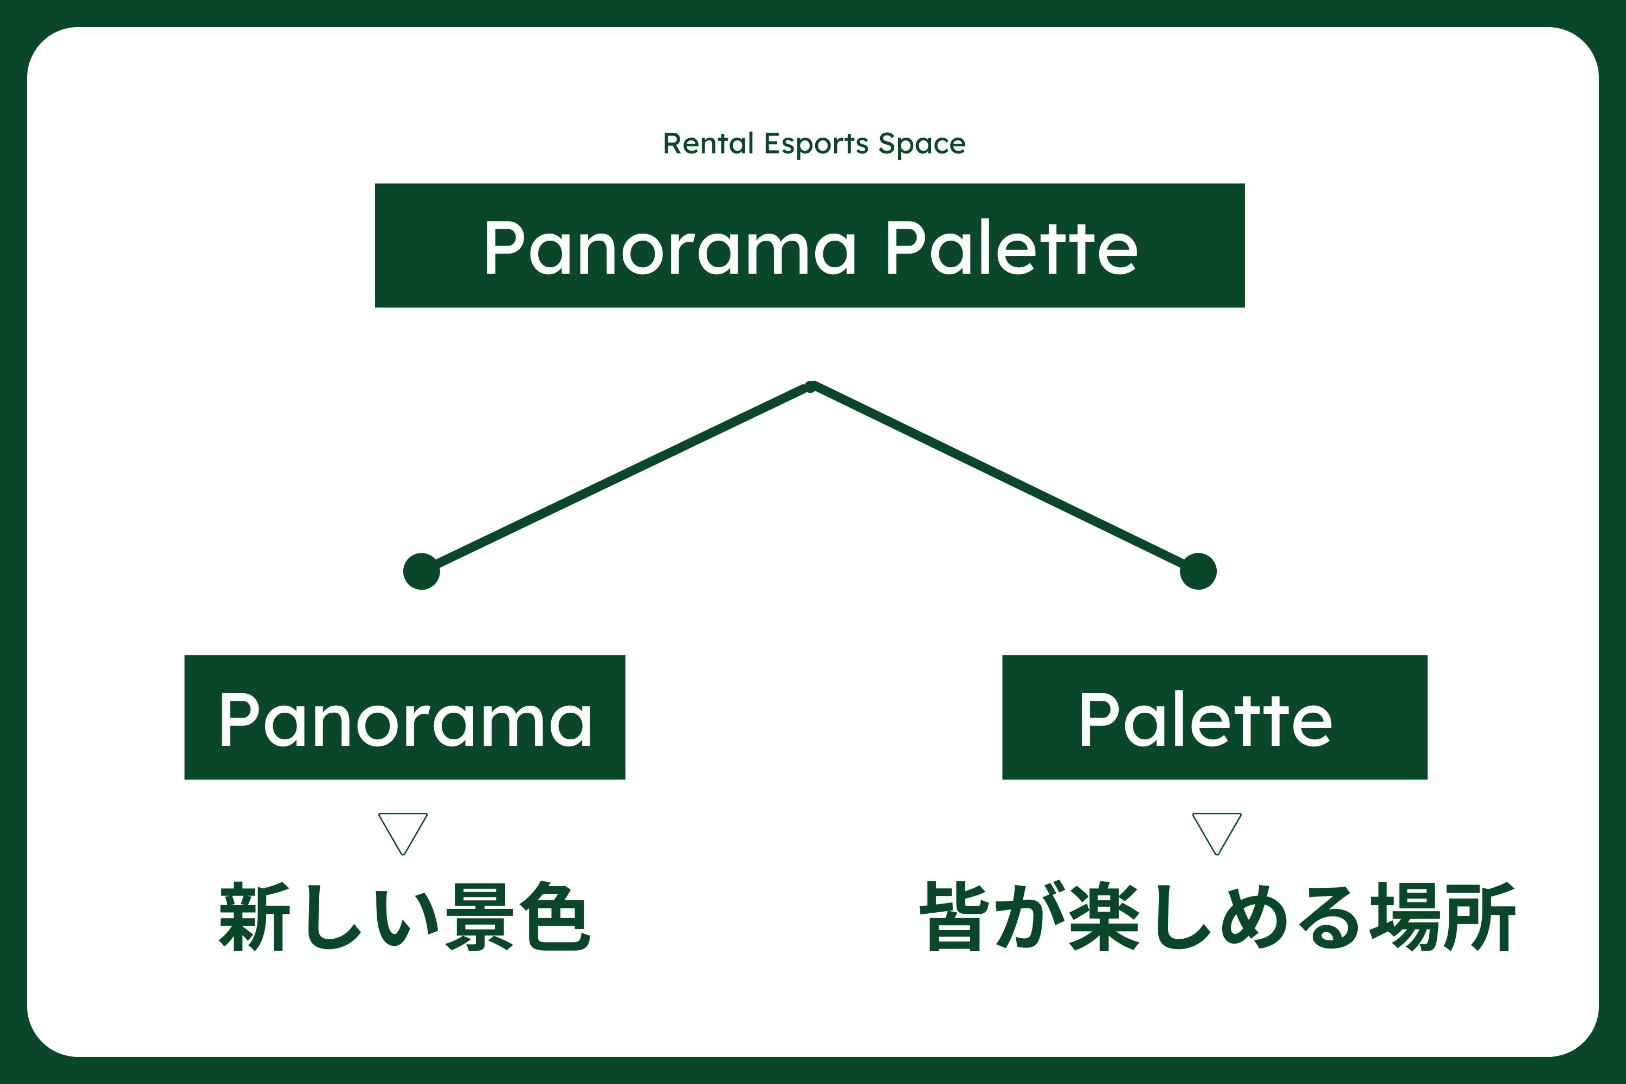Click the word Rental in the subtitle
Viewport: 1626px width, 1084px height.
(708, 143)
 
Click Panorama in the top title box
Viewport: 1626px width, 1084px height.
(670, 248)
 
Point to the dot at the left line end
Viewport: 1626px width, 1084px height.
(422, 571)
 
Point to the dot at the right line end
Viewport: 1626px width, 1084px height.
(1198, 571)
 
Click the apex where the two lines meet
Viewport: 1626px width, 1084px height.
(811, 386)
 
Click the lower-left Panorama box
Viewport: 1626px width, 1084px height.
(405, 717)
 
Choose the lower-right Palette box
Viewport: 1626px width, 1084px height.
(1215, 717)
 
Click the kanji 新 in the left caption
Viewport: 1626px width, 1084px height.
(253, 917)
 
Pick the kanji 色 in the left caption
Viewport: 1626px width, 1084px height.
(554, 917)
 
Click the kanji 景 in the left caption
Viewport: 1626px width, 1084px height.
(480, 917)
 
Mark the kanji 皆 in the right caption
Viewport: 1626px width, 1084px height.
(954, 917)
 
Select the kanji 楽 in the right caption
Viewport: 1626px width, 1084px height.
(1104, 917)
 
